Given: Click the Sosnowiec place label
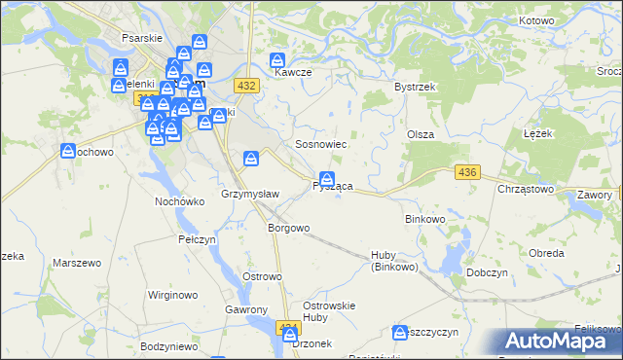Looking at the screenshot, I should click(x=322, y=144).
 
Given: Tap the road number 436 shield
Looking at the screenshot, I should click(x=468, y=172).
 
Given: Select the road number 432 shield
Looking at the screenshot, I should click(x=247, y=87).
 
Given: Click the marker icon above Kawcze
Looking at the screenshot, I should click(x=277, y=59).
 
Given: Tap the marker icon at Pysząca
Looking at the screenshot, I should click(x=328, y=179).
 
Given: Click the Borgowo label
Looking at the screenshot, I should click(x=288, y=228).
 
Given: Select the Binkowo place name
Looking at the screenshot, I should click(x=424, y=219).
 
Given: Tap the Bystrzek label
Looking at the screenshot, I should click(x=413, y=87).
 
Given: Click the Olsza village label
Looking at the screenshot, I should click(x=420, y=134).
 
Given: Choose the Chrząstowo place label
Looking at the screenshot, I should click(x=526, y=190).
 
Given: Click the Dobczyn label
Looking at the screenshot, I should click(x=489, y=273).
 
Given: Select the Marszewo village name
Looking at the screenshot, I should click(x=78, y=264).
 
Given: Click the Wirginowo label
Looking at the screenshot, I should click(x=172, y=294).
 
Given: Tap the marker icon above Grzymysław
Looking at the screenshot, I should click(x=251, y=157).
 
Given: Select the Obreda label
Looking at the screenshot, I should click(x=546, y=253).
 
